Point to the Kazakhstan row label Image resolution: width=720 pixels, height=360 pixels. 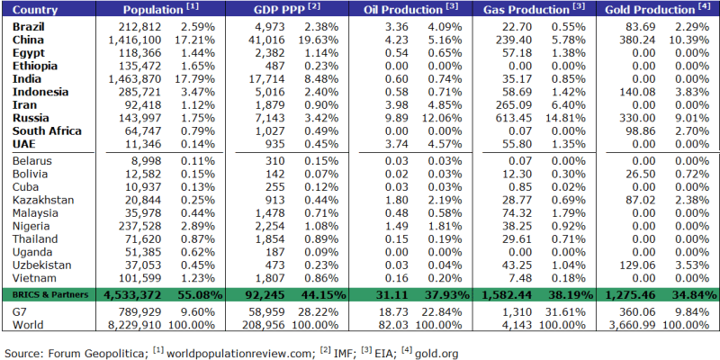(43, 200)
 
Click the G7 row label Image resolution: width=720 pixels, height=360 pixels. (22, 310)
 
